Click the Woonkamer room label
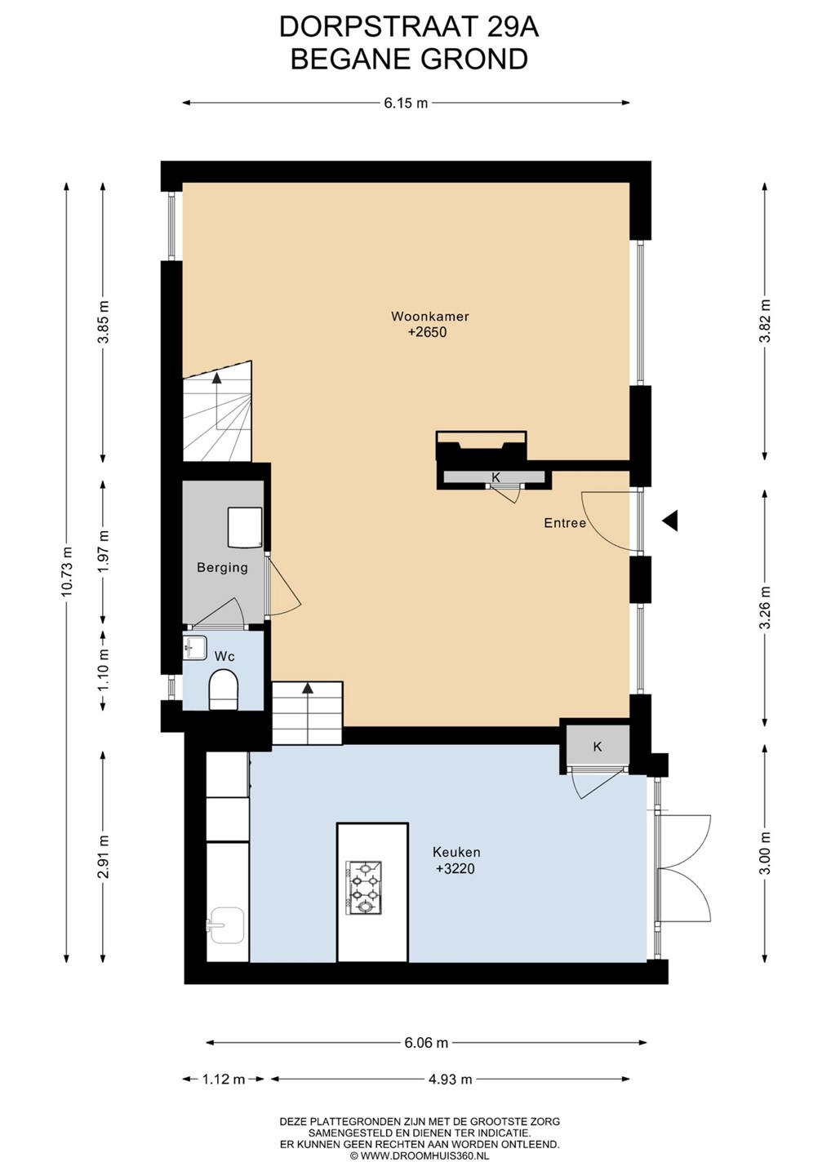pos(429,317)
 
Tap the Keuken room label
pos(455,853)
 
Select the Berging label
pos(222,568)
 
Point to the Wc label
pos(224,656)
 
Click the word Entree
pos(565,523)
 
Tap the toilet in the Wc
pos(224,689)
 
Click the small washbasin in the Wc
pos(194,648)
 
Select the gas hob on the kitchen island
pos(363,888)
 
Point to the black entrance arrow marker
pos(670,521)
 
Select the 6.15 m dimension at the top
pos(406,104)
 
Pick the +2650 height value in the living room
pos(428,332)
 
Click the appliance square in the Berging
pos(244,527)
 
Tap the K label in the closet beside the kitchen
pos(598,747)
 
